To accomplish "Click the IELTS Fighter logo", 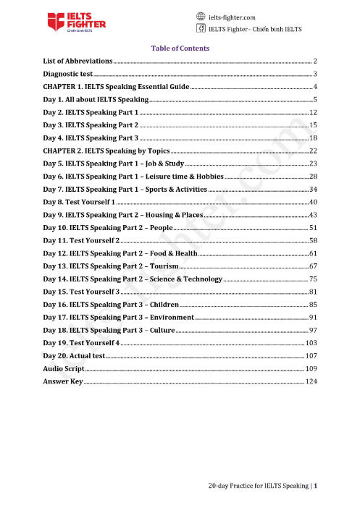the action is (78, 22).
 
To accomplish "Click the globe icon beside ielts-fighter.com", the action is (201, 16).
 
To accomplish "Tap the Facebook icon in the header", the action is (201, 29).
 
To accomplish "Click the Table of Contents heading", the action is (180, 48).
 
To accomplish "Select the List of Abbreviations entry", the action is (78, 62).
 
